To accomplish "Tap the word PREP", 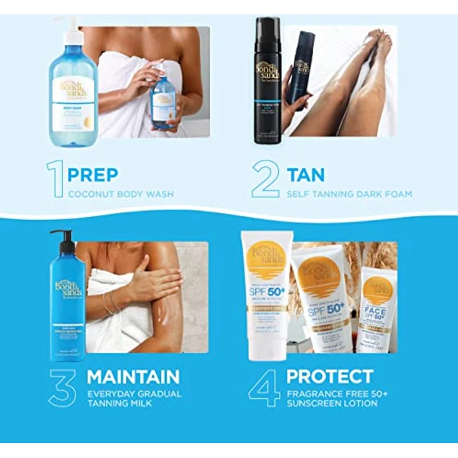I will (x=93, y=175).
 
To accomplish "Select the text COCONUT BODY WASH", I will (x=120, y=194).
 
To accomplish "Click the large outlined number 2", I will (x=265, y=179).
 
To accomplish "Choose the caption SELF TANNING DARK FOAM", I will (x=348, y=194).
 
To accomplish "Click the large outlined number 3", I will (x=63, y=388).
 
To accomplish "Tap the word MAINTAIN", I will (x=133, y=376).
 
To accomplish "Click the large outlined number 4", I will (x=264, y=388).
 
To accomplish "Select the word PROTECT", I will (x=330, y=376).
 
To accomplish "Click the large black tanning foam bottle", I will (x=268, y=81).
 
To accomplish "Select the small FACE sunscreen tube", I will (x=377, y=311).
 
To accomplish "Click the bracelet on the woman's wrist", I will (x=110, y=303).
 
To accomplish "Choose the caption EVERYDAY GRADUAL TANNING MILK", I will (x=134, y=398).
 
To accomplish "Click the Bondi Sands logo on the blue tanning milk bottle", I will (x=68, y=289).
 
